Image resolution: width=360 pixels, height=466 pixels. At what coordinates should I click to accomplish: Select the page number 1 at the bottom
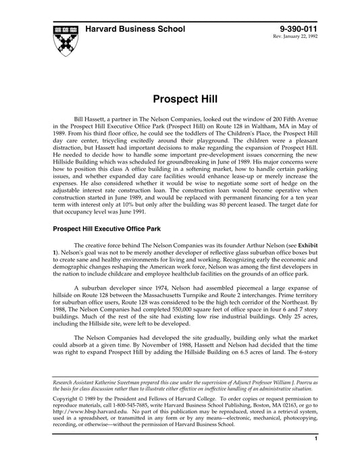click(x=317, y=457)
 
